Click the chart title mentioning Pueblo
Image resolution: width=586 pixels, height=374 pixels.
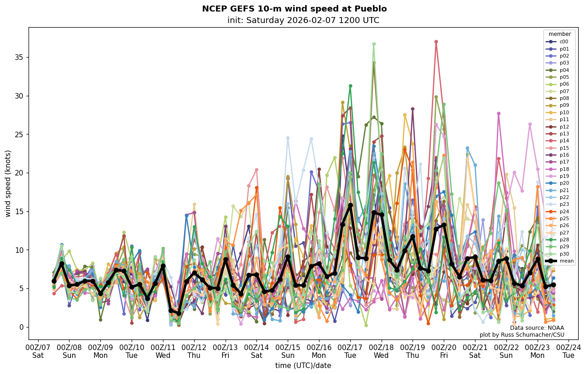tap(294, 9)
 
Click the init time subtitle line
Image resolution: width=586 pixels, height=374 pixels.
tap(303, 20)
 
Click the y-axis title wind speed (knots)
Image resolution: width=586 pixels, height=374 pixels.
tap(8, 183)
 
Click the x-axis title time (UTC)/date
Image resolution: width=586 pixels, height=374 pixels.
tap(303, 366)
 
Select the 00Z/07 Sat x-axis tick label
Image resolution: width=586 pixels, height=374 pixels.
tap(38, 351)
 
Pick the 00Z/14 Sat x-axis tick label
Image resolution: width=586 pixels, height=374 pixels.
tap(256, 351)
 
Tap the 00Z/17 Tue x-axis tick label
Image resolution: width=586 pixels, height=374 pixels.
tap(350, 351)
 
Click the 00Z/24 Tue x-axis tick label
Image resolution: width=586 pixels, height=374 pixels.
tap(569, 351)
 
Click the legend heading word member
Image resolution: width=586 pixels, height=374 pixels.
tap(560, 34)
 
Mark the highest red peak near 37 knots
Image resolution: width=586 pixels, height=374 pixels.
tap(436, 42)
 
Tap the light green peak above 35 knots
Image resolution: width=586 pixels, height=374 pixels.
tap(374, 44)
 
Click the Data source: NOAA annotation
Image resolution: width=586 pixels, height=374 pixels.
tap(537, 328)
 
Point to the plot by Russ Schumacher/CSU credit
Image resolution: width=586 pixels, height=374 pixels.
tap(522, 335)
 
